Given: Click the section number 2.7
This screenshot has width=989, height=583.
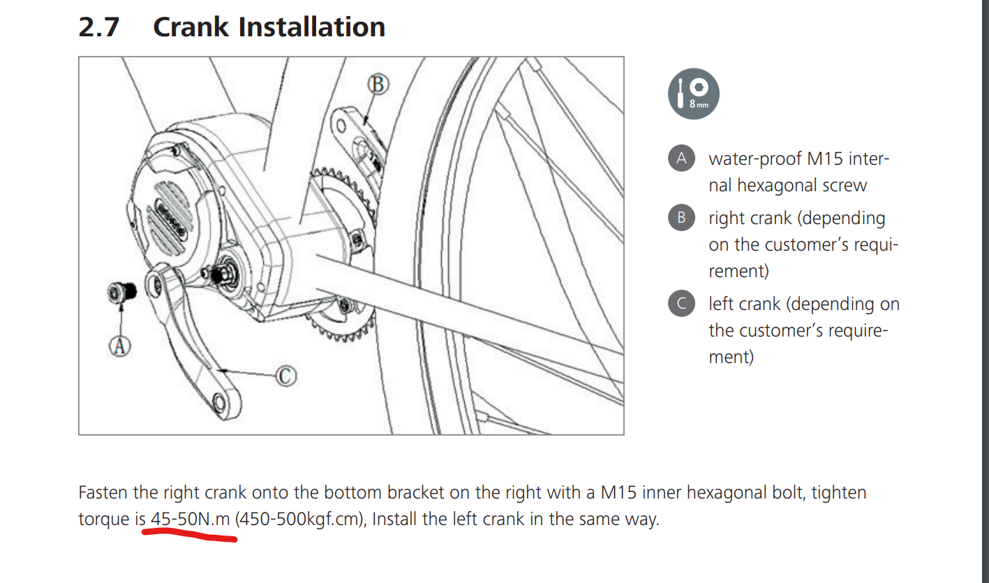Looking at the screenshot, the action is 99,27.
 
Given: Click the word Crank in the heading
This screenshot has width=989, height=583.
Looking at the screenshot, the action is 191,27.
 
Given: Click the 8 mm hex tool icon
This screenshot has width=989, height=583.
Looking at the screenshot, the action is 693,94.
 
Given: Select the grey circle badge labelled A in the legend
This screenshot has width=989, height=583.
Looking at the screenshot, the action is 681,158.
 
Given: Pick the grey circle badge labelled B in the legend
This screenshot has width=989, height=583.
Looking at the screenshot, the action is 681,218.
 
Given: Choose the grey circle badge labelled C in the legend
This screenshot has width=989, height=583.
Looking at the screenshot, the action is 681,304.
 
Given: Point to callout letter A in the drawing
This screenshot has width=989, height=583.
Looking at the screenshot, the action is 119,346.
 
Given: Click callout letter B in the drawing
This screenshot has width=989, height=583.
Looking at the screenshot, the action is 378,84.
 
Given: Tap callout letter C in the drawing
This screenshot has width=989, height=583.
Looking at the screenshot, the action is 285,376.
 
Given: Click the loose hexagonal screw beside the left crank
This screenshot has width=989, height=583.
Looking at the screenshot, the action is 121,293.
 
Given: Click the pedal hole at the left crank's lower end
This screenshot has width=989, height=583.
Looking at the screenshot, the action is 218,403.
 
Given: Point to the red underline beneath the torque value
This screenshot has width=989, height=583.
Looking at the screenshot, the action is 189,536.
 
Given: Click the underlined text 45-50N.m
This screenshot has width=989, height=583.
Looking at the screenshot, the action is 191,519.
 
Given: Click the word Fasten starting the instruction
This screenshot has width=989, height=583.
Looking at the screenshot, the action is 103,492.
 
